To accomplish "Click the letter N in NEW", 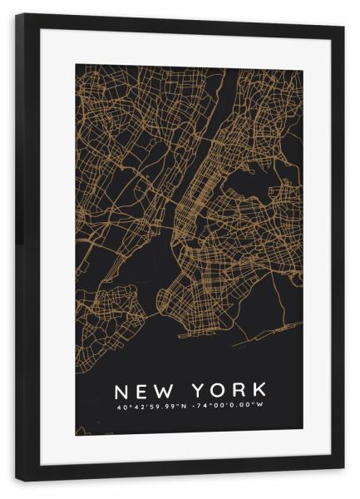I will pos(121,390).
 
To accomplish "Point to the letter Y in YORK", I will pos(200,390).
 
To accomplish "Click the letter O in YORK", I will pos(220,390).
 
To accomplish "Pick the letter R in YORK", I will pos(240,390).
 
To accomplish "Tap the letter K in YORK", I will pos(260,390).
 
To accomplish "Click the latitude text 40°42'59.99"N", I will pos(152,407).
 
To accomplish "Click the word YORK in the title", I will pos(229,390).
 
